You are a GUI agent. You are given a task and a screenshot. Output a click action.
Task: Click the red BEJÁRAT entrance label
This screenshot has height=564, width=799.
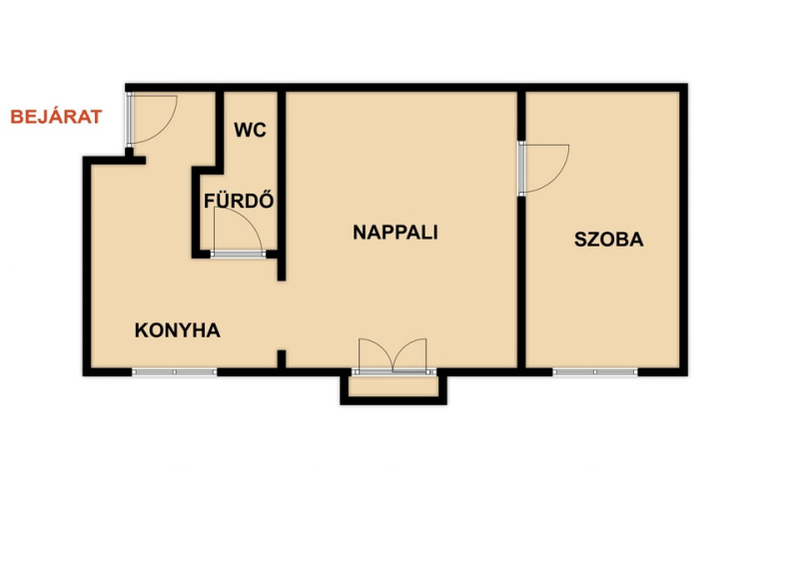[x=56, y=117]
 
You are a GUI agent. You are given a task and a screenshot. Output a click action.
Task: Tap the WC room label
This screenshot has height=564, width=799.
[x=251, y=130]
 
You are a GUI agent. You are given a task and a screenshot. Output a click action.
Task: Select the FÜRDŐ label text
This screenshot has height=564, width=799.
[x=239, y=201]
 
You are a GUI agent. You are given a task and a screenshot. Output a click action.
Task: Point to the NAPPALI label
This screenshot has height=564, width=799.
[x=396, y=233]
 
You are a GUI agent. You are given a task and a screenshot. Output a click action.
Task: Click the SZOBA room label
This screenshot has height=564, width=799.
[x=609, y=240]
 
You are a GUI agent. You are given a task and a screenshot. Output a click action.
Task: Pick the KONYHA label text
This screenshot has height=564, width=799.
[x=178, y=330]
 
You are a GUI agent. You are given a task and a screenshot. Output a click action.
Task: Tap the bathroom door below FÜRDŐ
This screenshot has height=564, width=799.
[x=238, y=232]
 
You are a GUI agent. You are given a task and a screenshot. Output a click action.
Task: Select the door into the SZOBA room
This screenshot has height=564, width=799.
[x=543, y=168]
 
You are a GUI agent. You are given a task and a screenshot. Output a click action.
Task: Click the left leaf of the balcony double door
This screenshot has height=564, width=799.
[x=376, y=355]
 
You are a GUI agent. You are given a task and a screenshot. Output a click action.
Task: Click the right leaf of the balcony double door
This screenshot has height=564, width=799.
[x=409, y=355]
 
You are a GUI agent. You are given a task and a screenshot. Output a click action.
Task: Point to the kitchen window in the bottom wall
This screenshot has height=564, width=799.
[x=174, y=372]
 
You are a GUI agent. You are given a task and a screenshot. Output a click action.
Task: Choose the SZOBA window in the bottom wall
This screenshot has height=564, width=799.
[x=595, y=372]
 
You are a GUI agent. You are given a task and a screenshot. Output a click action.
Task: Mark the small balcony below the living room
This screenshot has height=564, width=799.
[x=394, y=388]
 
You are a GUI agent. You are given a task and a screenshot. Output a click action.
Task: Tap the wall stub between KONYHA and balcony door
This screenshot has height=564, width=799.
[x=282, y=359]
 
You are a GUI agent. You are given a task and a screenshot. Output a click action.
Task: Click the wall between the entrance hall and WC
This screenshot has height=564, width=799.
[x=220, y=130]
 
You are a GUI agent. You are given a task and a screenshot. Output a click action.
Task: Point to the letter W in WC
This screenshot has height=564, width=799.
[x=243, y=130]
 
